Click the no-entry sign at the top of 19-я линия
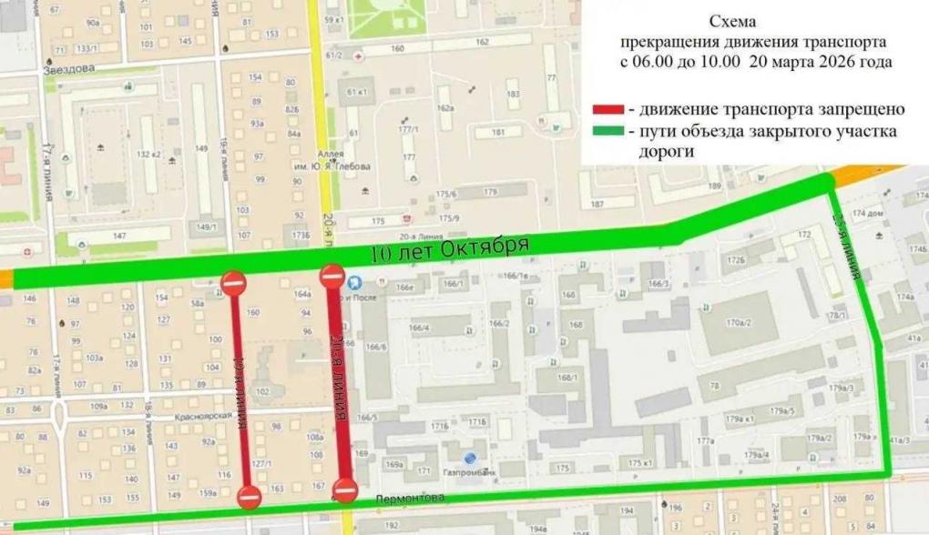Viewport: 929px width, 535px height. point(234,283)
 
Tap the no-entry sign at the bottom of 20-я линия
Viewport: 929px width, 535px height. point(345,491)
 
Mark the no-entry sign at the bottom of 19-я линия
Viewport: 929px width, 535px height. point(249,497)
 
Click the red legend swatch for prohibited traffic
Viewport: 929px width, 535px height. point(607,110)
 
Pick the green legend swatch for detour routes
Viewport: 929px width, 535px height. point(607,132)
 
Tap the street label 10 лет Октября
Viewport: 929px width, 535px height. point(451,248)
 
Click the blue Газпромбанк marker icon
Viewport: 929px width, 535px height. point(469,459)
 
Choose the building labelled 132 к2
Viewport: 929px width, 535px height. point(148,154)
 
